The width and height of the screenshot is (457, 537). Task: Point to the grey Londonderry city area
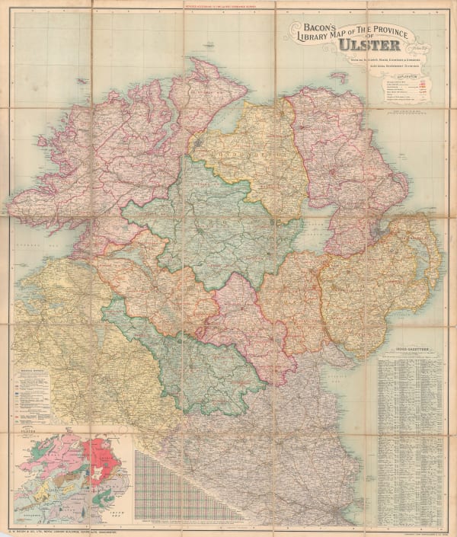tap(199, 142)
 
